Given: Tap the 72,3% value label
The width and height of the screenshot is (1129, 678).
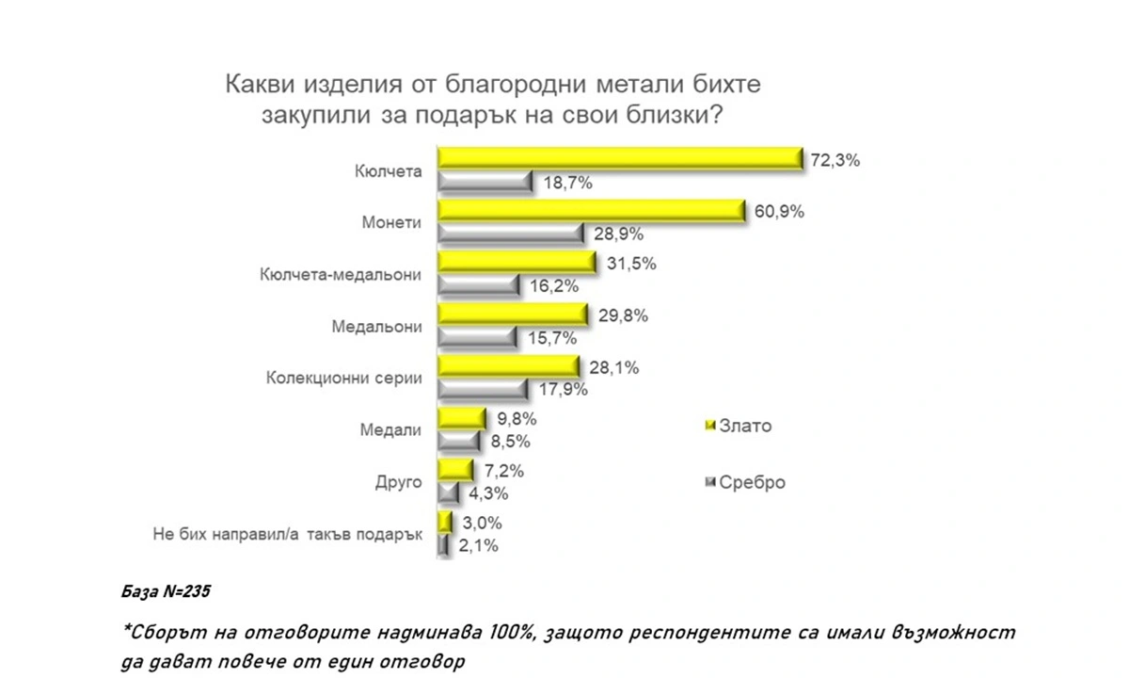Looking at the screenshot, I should (835, 160).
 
